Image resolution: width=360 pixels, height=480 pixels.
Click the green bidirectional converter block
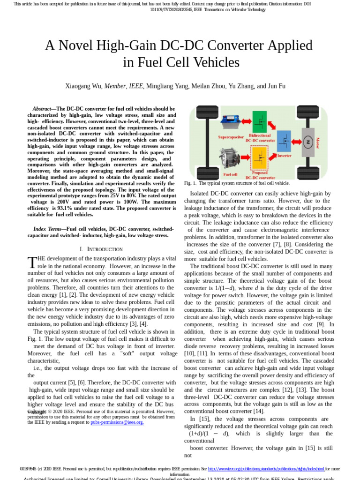pyautogui.click(x=259, y=121)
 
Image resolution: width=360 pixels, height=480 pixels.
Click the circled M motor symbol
pyautogui.click(x=308, y=142)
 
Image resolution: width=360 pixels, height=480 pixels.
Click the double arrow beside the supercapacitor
pyautogui.click(x=246, y=122)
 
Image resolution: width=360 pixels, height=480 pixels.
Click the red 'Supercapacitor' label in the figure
pyautogui.click(x=231, y=137)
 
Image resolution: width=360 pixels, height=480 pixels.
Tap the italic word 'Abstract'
pyautogui.click(x=42, y=109)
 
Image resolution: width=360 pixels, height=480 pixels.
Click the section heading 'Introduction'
pyautogui.click(x=103, y=249)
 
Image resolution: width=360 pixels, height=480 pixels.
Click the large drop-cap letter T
pyautogui.click(x=32, y=262)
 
